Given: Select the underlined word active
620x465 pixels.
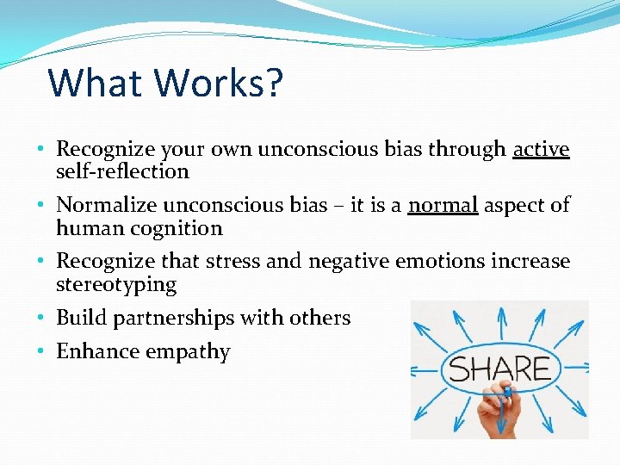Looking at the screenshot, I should point(541,150).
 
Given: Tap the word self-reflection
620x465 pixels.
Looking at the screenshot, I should point(122,171).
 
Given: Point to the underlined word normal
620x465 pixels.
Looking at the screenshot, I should point(443,205).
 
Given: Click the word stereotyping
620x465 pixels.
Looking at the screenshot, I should point(116,284).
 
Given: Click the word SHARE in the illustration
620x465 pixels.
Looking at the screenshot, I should point(499,369).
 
